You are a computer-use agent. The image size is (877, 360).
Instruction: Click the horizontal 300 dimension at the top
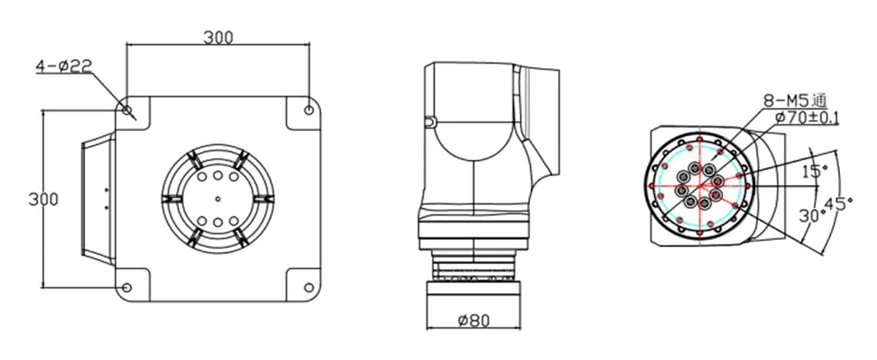pos(218,38)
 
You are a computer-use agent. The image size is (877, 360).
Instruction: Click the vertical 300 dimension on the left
pos(43,199)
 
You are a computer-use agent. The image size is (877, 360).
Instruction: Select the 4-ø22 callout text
pos(64,66)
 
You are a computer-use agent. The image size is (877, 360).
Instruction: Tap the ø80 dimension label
pos(473,320)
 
